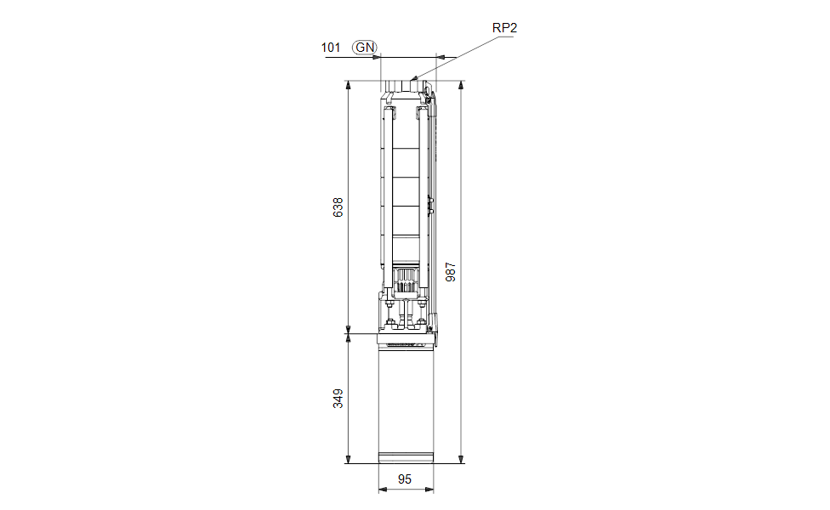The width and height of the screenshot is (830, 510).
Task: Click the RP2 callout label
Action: (x=504, y=28)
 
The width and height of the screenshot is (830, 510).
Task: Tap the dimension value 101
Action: (x=330, y=48)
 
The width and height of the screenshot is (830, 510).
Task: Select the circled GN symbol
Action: (x=365, y=48)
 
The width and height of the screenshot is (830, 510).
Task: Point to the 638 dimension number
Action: (x=338, y=207)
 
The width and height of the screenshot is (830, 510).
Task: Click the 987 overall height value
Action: (x=451, y=272)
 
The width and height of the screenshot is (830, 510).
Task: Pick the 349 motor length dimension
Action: (x=338, y=399)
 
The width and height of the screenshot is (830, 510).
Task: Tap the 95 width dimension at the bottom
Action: (x=405, y=479)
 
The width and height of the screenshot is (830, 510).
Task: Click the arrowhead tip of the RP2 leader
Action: (x=411, y=80)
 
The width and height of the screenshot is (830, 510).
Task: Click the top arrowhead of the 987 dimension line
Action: (x=461, y=82)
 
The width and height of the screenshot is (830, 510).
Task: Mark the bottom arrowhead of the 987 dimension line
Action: (x=461, y=463)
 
